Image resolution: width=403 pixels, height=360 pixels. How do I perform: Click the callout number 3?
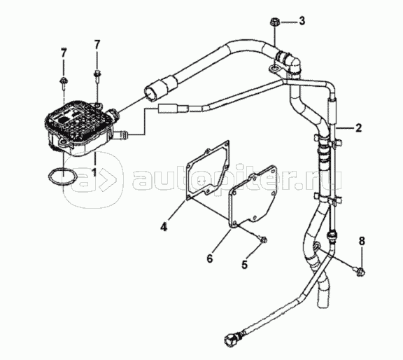(x=302, y=20)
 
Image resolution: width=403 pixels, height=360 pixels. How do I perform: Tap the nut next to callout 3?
(x=274, y=22)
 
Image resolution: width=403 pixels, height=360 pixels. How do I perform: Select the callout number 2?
(x=358, y=127)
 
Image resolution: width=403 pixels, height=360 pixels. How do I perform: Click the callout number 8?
(x=361, y=241)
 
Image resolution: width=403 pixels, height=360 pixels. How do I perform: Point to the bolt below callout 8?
(x=361, y=272)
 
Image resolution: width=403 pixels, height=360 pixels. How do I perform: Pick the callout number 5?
(x=244, y=264)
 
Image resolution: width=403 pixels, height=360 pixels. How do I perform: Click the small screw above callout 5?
(x=263, y=240)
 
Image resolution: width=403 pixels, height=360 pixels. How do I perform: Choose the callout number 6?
(x=210, y=258)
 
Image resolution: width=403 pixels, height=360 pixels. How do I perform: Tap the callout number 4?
(x=164, y=227)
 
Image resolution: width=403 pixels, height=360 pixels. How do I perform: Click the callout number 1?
(x=94, y=172)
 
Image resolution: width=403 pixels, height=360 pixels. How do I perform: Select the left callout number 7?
(x=64, y=53)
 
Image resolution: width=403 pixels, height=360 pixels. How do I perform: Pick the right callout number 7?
(x=97, y=45)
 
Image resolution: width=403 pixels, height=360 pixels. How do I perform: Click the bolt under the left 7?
(x=63, y=83)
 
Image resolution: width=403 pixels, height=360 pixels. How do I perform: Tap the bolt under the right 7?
(x=97, y=76)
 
